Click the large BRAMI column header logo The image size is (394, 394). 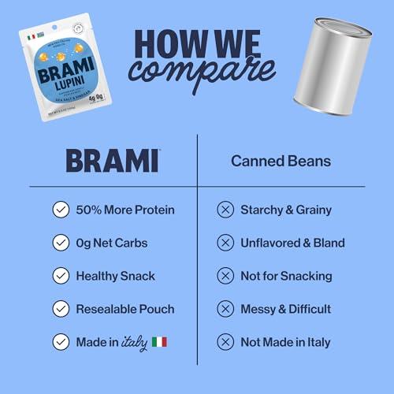(x=112, y=161)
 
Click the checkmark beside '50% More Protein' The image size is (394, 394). (x=59, y=210)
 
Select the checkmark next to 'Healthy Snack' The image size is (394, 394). (x=59, y=276)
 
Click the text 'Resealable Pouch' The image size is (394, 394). (x=126, y=309)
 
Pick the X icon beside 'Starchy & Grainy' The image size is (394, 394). (x=225, y=210)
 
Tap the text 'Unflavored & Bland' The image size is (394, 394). (x=292, y=243)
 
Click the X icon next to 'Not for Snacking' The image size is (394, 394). (x=225, y=276)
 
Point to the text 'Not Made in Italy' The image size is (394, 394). (x=285, y=342)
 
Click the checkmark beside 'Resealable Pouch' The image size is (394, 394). (x=59, y=309)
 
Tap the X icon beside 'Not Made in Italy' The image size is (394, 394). (x=225, y=342)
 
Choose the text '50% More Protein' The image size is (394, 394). (x=126, y=210)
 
